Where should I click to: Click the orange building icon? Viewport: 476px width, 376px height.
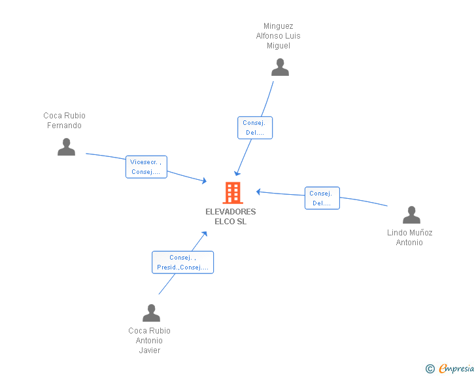(233, 192)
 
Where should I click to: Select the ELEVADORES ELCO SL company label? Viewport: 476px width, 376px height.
(231, 216)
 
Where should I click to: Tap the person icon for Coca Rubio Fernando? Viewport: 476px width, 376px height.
(66, 147)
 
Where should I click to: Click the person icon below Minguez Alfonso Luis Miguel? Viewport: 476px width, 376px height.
(280, 67)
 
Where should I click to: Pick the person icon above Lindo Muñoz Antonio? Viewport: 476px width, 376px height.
(411, 214)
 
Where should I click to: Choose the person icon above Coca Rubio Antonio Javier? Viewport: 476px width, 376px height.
(151, 313)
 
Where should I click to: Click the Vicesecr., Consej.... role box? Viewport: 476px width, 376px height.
(146, 167)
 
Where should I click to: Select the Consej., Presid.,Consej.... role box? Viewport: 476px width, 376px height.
(183, 262)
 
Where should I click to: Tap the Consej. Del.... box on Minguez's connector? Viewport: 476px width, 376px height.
(255, 128)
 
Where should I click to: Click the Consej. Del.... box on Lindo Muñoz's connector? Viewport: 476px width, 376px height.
(322, 198)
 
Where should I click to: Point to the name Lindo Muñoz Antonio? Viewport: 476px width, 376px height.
(409, 237)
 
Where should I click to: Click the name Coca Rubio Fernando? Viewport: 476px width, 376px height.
(64, 120)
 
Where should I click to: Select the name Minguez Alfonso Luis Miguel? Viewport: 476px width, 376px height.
(279, 36)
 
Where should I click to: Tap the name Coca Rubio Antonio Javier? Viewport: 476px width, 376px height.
(149, 341)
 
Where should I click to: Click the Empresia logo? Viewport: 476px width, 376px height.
(456, 368)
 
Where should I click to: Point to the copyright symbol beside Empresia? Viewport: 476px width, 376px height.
(430, 369)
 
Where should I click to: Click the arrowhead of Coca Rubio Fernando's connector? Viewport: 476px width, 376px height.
(204, 180)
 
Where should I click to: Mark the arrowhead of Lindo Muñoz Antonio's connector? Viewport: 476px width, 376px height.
(259, 192)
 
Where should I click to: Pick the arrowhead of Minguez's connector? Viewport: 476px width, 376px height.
(237, 173)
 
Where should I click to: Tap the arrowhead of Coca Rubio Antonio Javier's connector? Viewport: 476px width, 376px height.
(205, 234)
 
